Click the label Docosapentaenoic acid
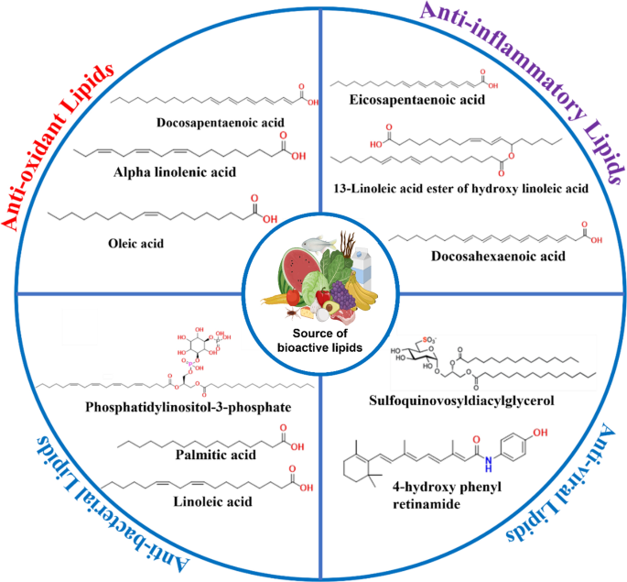[206, 121]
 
